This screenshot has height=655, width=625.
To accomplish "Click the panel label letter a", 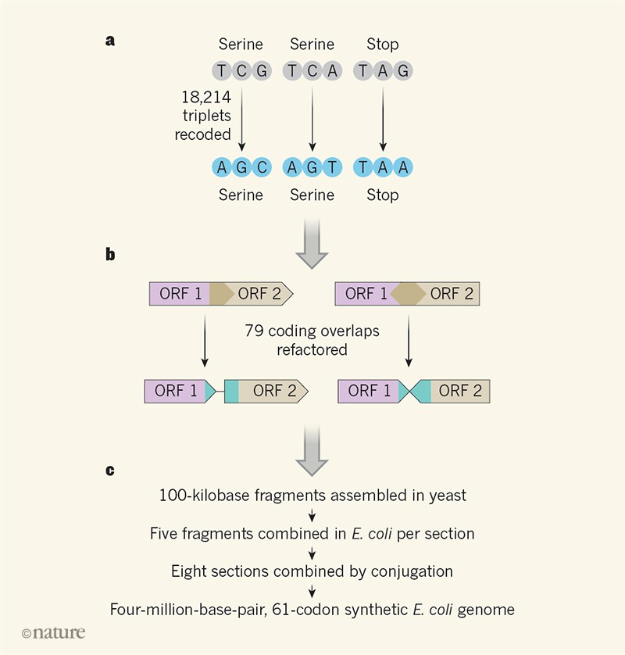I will pos(110,41).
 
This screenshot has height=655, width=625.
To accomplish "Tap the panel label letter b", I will pos(110,255).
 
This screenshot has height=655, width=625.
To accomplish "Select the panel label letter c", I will pos(110,470).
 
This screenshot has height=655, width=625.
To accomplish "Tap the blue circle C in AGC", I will pos(261,166).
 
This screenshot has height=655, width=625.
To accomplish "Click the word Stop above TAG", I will pos(383,45).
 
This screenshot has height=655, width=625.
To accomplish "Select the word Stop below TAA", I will pos(383,195).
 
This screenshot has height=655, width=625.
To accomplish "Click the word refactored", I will pos(312,349).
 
